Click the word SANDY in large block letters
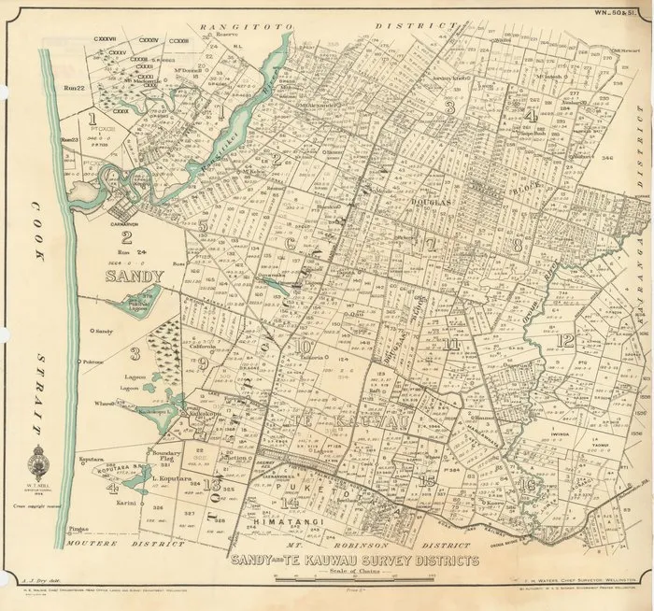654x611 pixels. pos(135,277)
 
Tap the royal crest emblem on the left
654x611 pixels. pos(37,463)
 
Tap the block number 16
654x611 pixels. pos(529,484)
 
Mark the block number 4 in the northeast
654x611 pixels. pos(530,117)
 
